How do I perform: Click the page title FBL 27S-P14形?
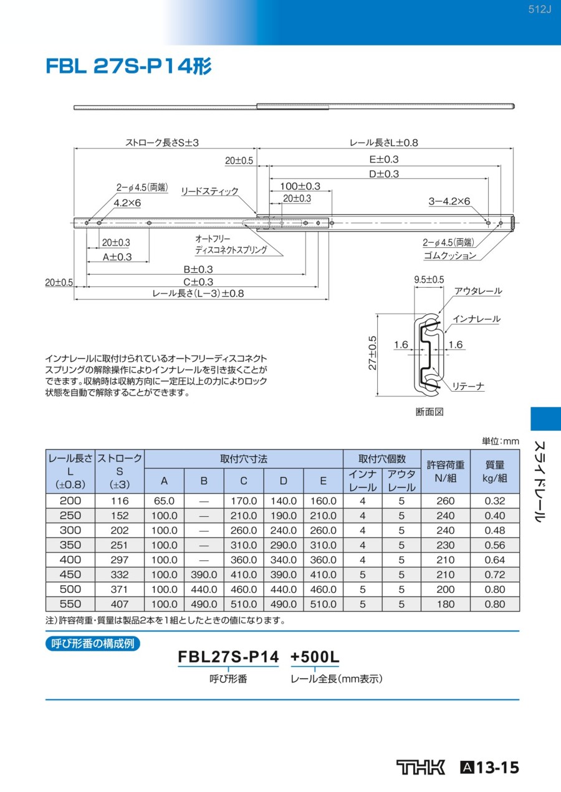[128, 67]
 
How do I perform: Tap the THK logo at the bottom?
[421, 767]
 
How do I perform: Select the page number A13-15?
[490, 767]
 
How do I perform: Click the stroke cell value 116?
[119, 501]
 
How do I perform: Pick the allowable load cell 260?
[446, 501]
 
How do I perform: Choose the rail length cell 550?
[70, 604]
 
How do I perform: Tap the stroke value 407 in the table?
[119, 604]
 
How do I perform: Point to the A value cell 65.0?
[164, 501]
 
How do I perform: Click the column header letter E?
[323, 481]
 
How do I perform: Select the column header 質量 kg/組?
[494, 471]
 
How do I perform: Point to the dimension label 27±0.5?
[372, 352]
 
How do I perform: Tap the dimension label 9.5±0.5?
[429, 280]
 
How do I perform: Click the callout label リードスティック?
[209, 191]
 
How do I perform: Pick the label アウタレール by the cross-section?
[478, 291]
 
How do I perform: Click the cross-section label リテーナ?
[468, 387]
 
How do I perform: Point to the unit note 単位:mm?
[500, 441]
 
